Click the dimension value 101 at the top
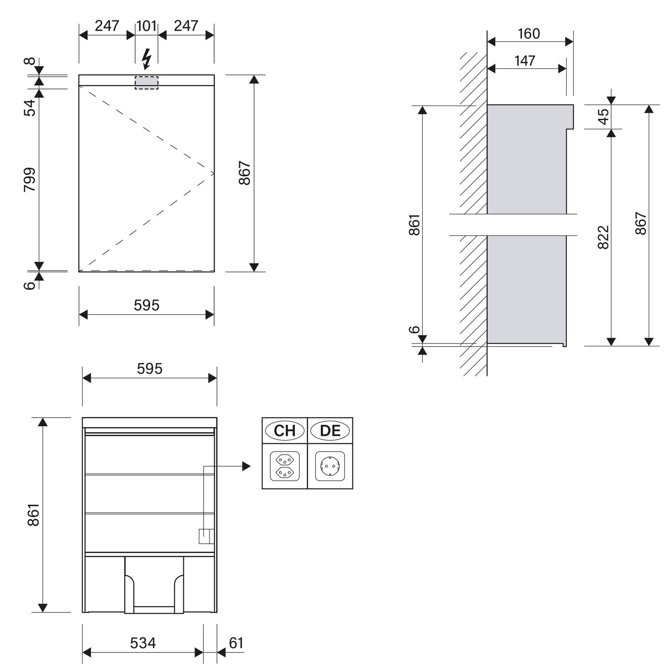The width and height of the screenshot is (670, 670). click(147, 26)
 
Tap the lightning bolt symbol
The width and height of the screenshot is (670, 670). click(147, 59)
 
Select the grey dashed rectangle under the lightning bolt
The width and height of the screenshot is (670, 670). click(147, 82)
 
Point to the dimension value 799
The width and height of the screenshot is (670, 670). click(29, 180)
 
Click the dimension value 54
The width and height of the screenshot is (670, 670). click(29, 108)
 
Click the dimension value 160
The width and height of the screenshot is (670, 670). click(529, 33)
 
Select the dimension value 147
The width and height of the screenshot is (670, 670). click(525, 60)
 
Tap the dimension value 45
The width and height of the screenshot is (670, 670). click(603, 117)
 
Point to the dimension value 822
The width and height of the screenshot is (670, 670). click(603, 237)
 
